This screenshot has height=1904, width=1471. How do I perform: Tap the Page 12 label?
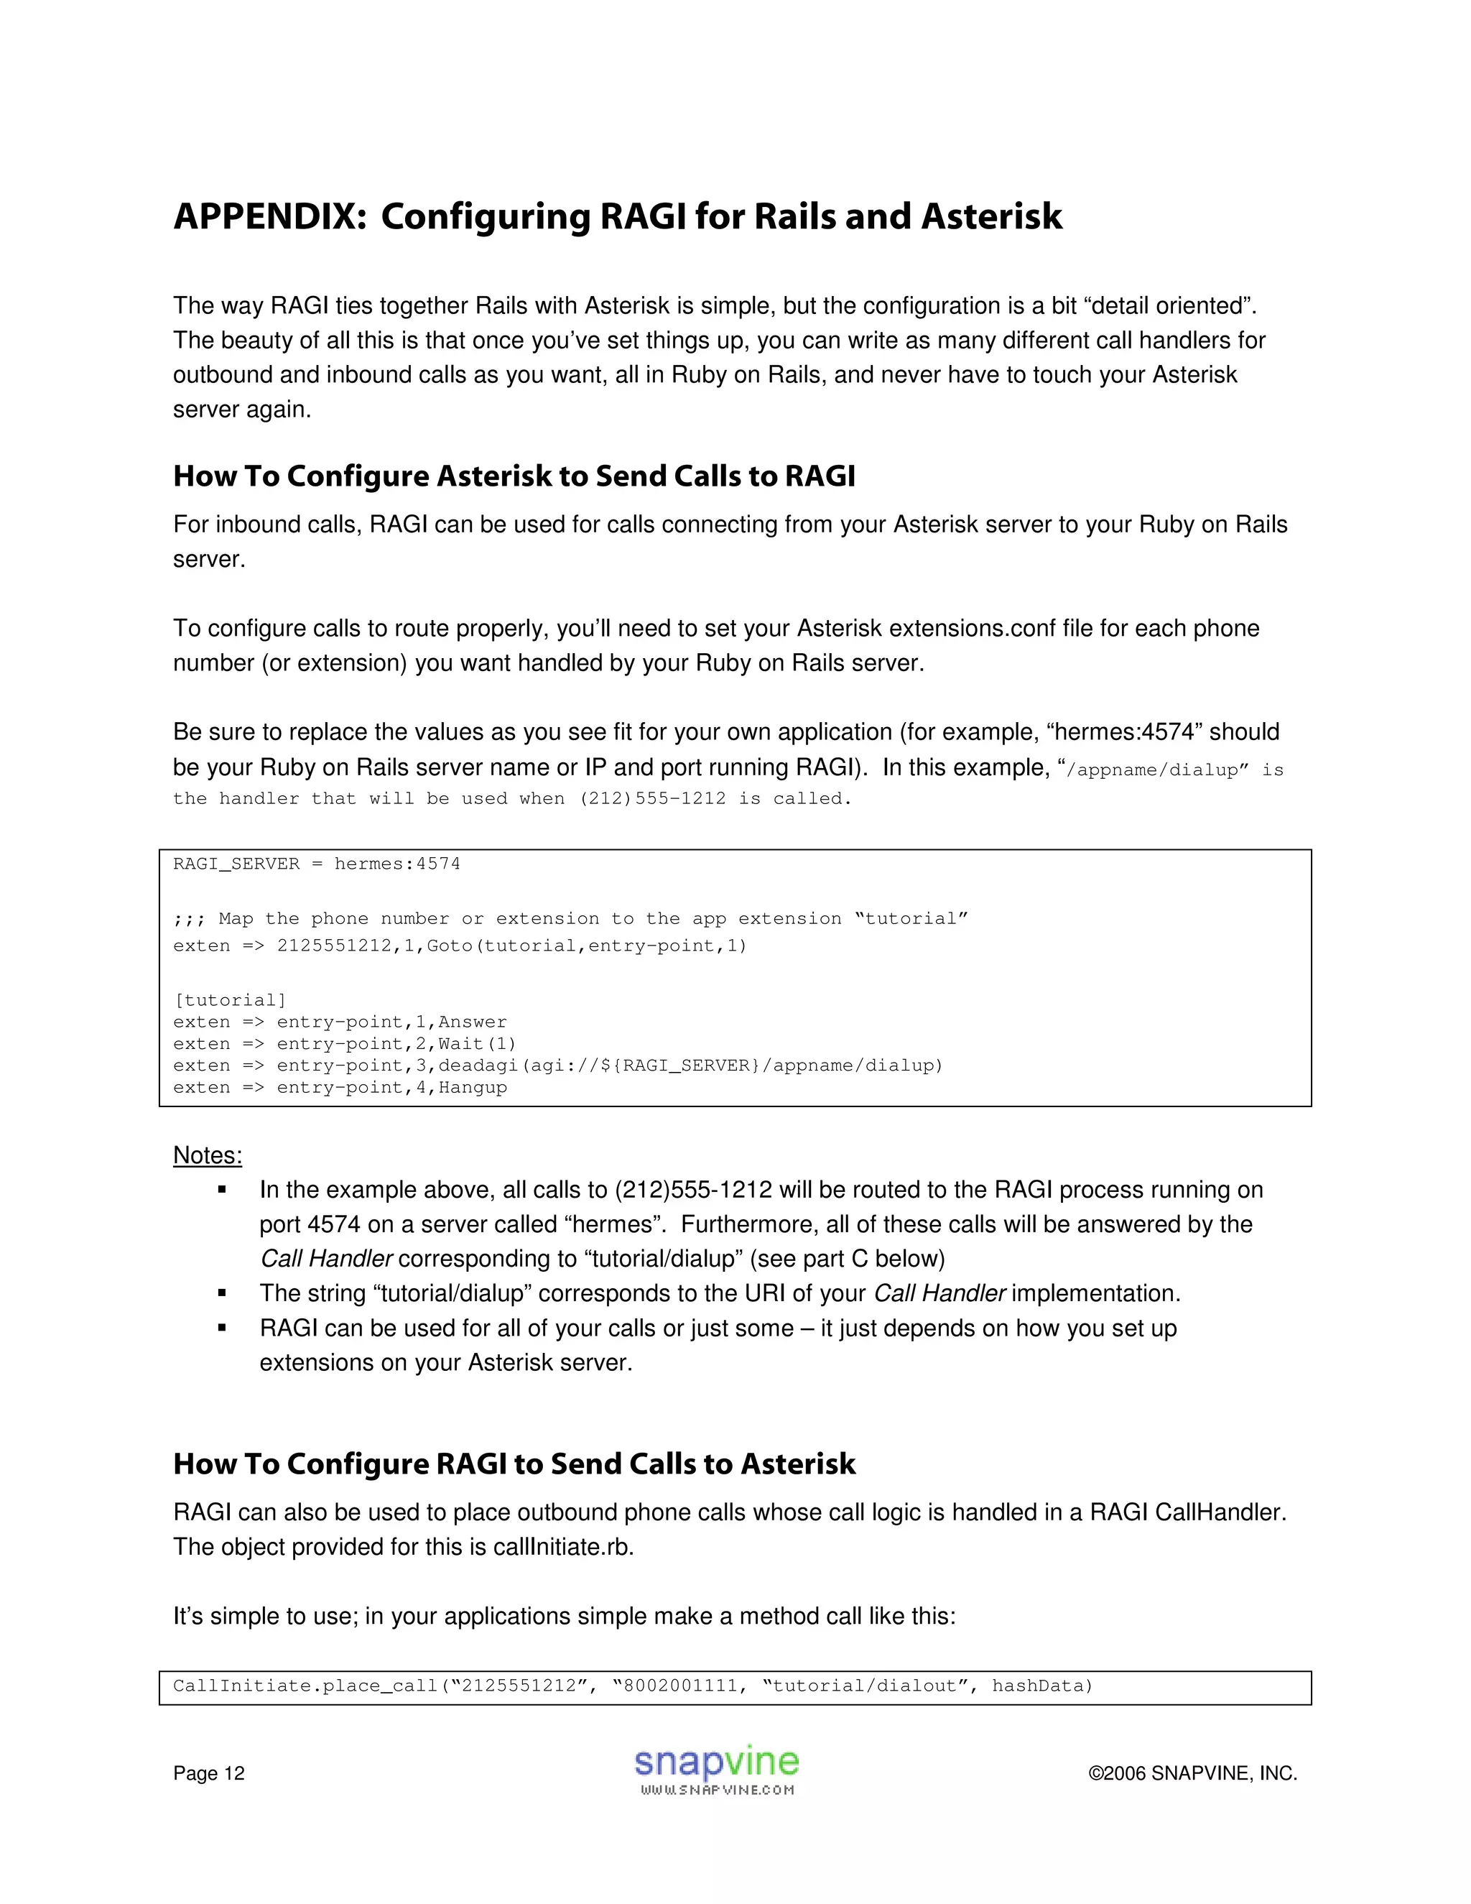(x=208, y=1773)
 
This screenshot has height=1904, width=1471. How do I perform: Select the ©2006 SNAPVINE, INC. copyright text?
(x=1192, y=1773)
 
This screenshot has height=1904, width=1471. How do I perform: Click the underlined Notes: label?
(x=208, y=1155)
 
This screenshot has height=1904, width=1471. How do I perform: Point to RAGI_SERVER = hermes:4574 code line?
(x=316, y=864)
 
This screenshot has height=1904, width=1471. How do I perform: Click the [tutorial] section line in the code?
(x=230, y=1000)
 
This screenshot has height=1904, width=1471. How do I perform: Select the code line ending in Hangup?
(x=340, y=1087)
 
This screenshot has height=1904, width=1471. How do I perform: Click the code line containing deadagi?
(x=557, y=1066)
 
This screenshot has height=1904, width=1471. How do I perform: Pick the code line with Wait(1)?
(x=344, y=1043)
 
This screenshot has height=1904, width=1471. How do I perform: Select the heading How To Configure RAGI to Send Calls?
(x=514, y=1464)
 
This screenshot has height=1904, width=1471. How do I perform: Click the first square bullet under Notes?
(x=222, y=1190)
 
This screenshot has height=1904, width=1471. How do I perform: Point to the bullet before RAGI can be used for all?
(x=222, y=1328)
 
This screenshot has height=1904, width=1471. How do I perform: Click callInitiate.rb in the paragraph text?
(x=562, y=1547)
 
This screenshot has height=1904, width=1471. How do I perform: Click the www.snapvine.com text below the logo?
(x=716, y=1790)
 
